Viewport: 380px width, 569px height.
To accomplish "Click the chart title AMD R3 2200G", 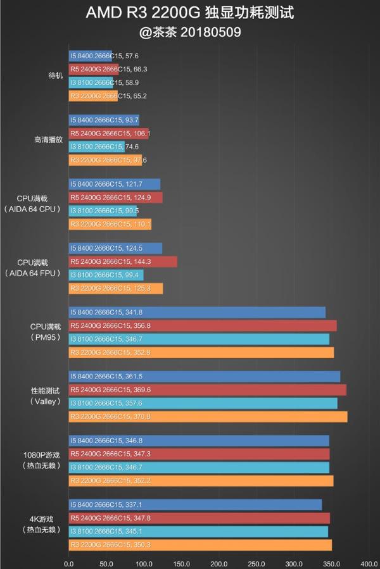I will tap(189, 13).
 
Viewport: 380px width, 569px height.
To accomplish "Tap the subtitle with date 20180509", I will tap(189, 32).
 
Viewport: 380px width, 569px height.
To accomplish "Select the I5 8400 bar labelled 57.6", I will tap(90, 56).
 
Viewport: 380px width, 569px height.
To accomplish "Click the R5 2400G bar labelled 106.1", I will tap(108, 133).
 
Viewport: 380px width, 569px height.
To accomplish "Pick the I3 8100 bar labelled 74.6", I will tap(96, 146).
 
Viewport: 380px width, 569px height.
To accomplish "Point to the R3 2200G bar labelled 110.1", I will tap(110, 224).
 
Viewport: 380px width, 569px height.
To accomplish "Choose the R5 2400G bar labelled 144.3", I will tap(122, 261).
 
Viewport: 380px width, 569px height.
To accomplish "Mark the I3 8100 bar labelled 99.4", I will tap(106, 275).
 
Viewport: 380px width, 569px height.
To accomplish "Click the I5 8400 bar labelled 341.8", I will tap(196, 312).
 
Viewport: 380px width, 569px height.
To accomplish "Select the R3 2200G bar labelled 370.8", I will tap(208, 416).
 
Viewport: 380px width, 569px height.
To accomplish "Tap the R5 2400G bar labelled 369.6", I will tap(207, 389).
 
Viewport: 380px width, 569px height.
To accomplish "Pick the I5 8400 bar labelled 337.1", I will tap(194, 504).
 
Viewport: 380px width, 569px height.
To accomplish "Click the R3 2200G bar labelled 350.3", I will tap(199, 545).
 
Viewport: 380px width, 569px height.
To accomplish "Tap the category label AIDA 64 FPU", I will tap(32, 273).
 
